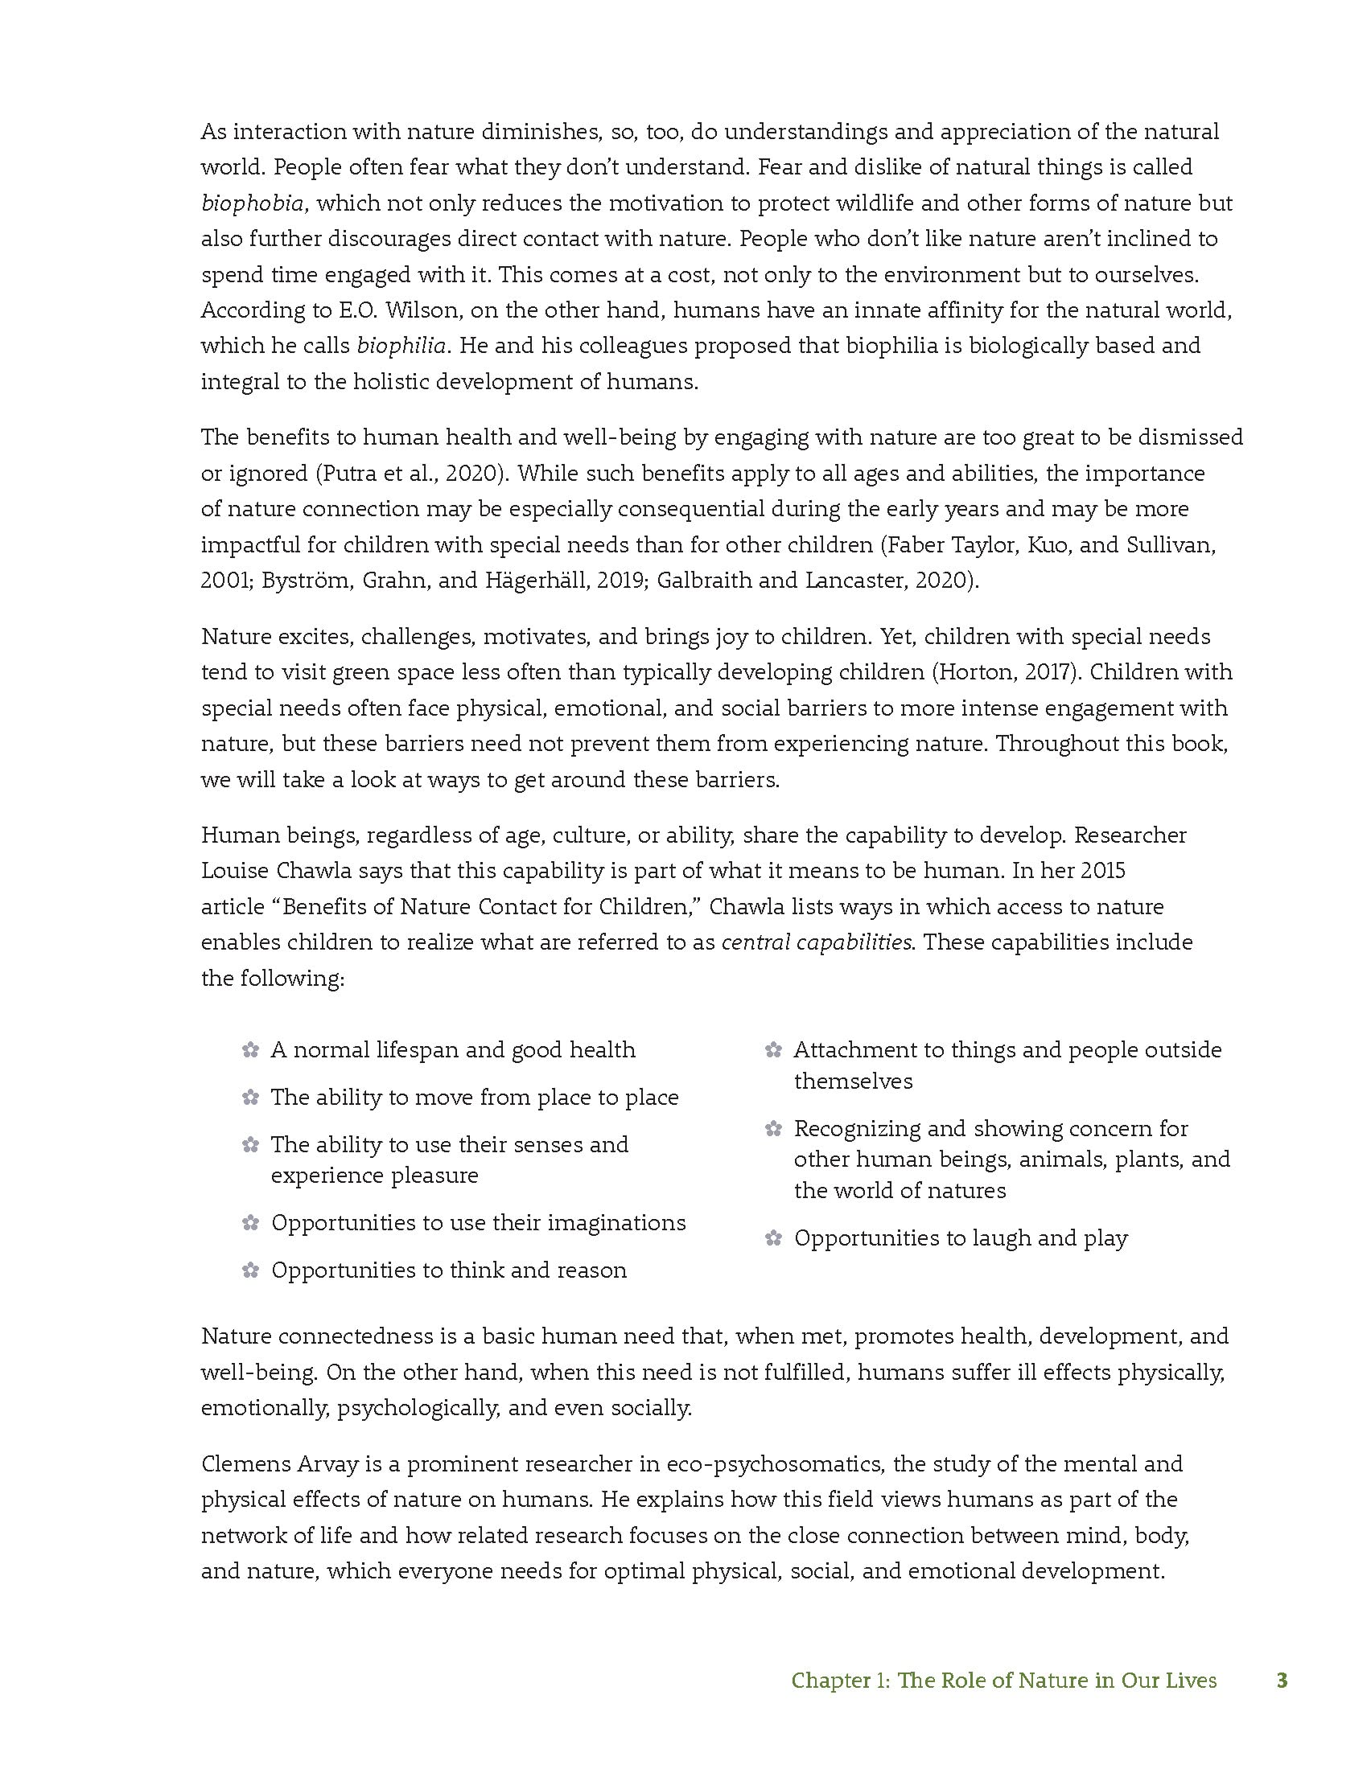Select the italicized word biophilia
point(401,346)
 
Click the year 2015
point(1099,871)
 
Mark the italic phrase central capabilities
point(816,943)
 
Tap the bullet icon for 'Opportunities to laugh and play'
point(773,1238)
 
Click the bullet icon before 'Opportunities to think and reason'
point(250,1270)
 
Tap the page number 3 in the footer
point(1281,1681)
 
